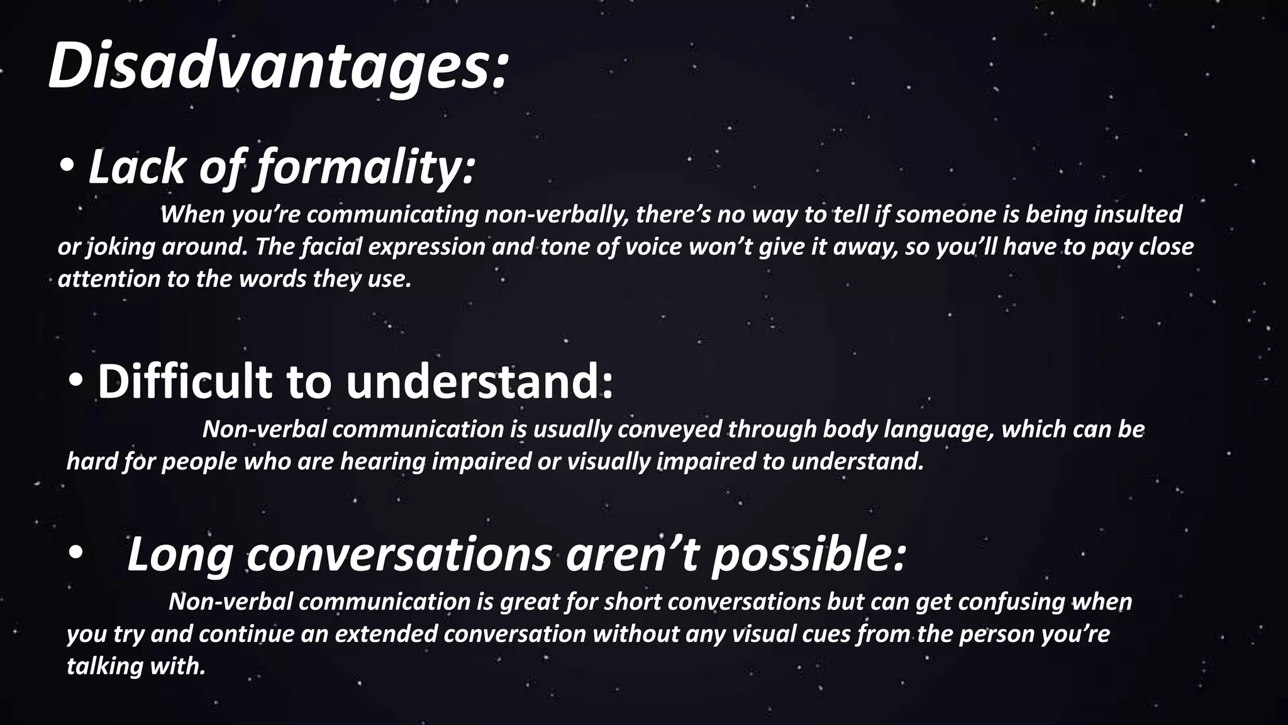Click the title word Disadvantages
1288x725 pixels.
tap(277, 66)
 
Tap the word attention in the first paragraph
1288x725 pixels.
tap(109, 279)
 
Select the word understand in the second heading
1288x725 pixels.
tap(478, 381)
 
